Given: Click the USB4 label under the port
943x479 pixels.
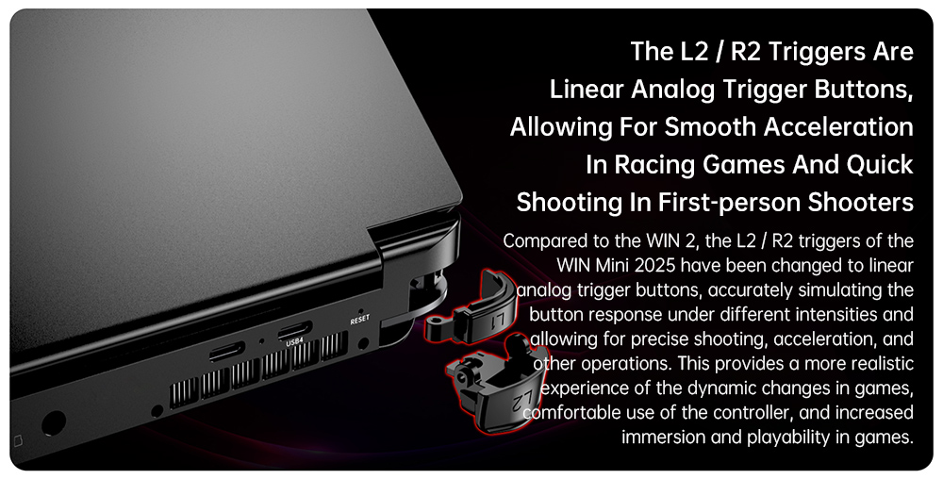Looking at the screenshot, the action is pyautogui.click(x=294, y=342).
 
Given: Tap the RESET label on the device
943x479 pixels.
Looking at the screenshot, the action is pyautogui.click(x=360, y=320).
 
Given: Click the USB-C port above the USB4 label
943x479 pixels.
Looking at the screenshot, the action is pyautogui.click(x=294, y=330).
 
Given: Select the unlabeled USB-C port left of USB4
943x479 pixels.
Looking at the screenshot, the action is pyautogui.click(x=226, y=351).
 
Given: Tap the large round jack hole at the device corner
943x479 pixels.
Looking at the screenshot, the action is pyautogui.click(x=53, y=423).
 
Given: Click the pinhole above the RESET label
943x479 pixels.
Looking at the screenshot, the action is pyautogui.click(x=360, y=311).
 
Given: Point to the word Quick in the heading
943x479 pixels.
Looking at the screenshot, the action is pyautogui.click(x=880, y=165).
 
